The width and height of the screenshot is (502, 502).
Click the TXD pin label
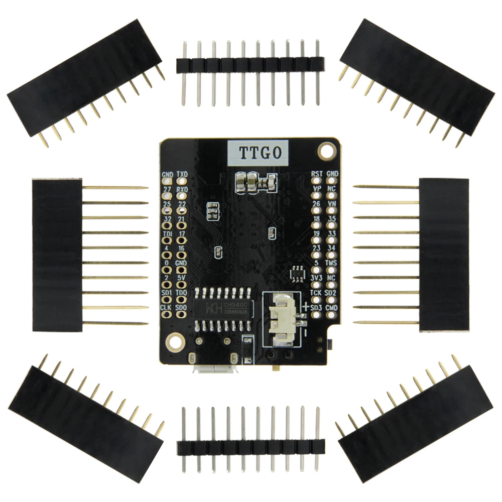click(182, 174)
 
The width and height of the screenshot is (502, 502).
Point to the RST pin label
click(317, 174)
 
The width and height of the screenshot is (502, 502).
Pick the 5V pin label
click(182, 277)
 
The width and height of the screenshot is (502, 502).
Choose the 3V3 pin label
click(316, 277)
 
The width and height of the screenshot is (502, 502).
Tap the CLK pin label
click(167, 307)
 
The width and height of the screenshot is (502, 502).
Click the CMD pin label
click(331, 307)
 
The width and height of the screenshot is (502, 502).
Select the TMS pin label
click(331, 263)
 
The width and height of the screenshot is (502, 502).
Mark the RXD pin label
click(182, 189)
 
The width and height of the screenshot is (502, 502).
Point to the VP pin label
click(317, 188)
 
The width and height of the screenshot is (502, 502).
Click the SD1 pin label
click(167, 292)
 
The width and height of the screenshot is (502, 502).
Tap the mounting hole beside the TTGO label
click(328, 150)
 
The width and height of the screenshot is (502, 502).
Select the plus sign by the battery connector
click(306, 306)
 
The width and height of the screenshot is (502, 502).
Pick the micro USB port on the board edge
click(213, 370)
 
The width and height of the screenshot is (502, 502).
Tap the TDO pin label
click(182, 292)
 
